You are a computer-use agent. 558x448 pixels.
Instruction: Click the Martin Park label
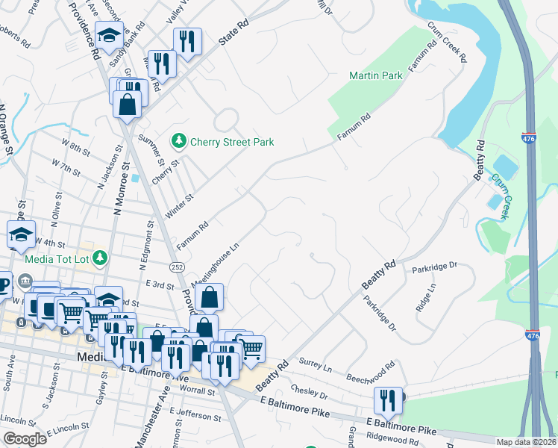376,75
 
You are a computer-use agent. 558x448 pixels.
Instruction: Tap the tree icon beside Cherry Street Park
178,140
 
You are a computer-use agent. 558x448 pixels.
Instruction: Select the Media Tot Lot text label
56,259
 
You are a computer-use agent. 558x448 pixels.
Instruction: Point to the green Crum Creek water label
500,196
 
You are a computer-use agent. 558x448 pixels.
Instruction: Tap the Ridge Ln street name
426,297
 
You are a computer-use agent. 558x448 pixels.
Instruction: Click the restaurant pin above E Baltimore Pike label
388,401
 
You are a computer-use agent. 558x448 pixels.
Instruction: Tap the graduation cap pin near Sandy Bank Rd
109,36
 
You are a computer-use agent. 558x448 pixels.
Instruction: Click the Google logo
25,439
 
